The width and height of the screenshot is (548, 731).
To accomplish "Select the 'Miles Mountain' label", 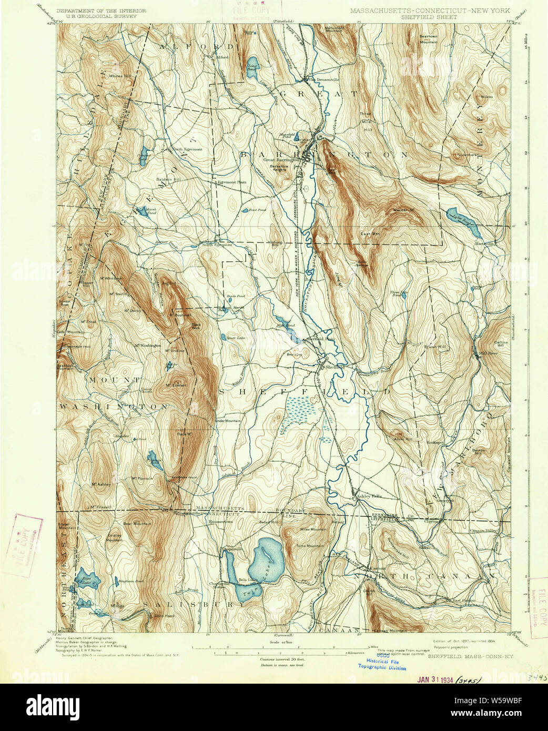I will click(313, 529).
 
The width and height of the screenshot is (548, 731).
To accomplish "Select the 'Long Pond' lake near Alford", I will click(252, 64).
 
